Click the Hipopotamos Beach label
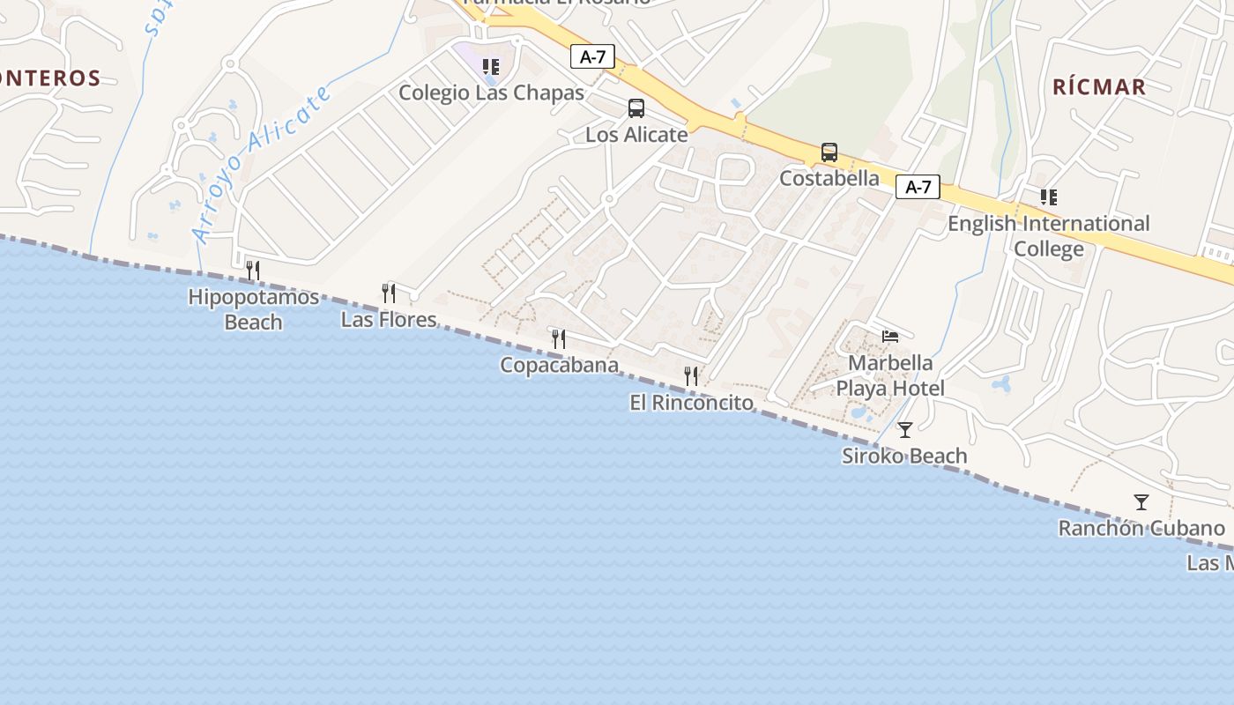click(253, 309)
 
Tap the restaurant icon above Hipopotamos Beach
click(253, 270)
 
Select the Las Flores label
click(389, 319)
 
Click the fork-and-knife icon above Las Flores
click(388, 293)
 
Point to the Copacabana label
click(559, 365)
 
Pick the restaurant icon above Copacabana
click(558, 338)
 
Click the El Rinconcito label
click(692, 403)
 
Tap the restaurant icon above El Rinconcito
click(691, 376)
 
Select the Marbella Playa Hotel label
click(890, 375)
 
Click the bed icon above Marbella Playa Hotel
click(890, 337)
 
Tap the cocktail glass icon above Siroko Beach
click(904, 430)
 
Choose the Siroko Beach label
click(904, 456)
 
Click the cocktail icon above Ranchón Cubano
click(1141, 502)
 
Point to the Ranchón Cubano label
click(1141, 529)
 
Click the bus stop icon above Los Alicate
click(636, 108)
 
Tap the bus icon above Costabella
click(829, 152)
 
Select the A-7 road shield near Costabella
click(918, 187)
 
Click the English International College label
click(1048, 236)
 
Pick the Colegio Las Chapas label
click(491, 93)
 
